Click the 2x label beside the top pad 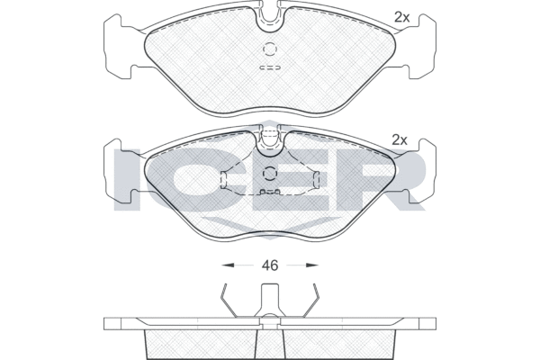(402, 17)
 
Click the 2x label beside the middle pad (400, 140)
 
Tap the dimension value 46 (270, 265)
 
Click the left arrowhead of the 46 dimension (228, 265)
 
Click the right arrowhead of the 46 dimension (312, 265)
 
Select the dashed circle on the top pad (270, 49)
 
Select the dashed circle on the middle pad (270, 174)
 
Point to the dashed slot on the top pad (270, 67)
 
